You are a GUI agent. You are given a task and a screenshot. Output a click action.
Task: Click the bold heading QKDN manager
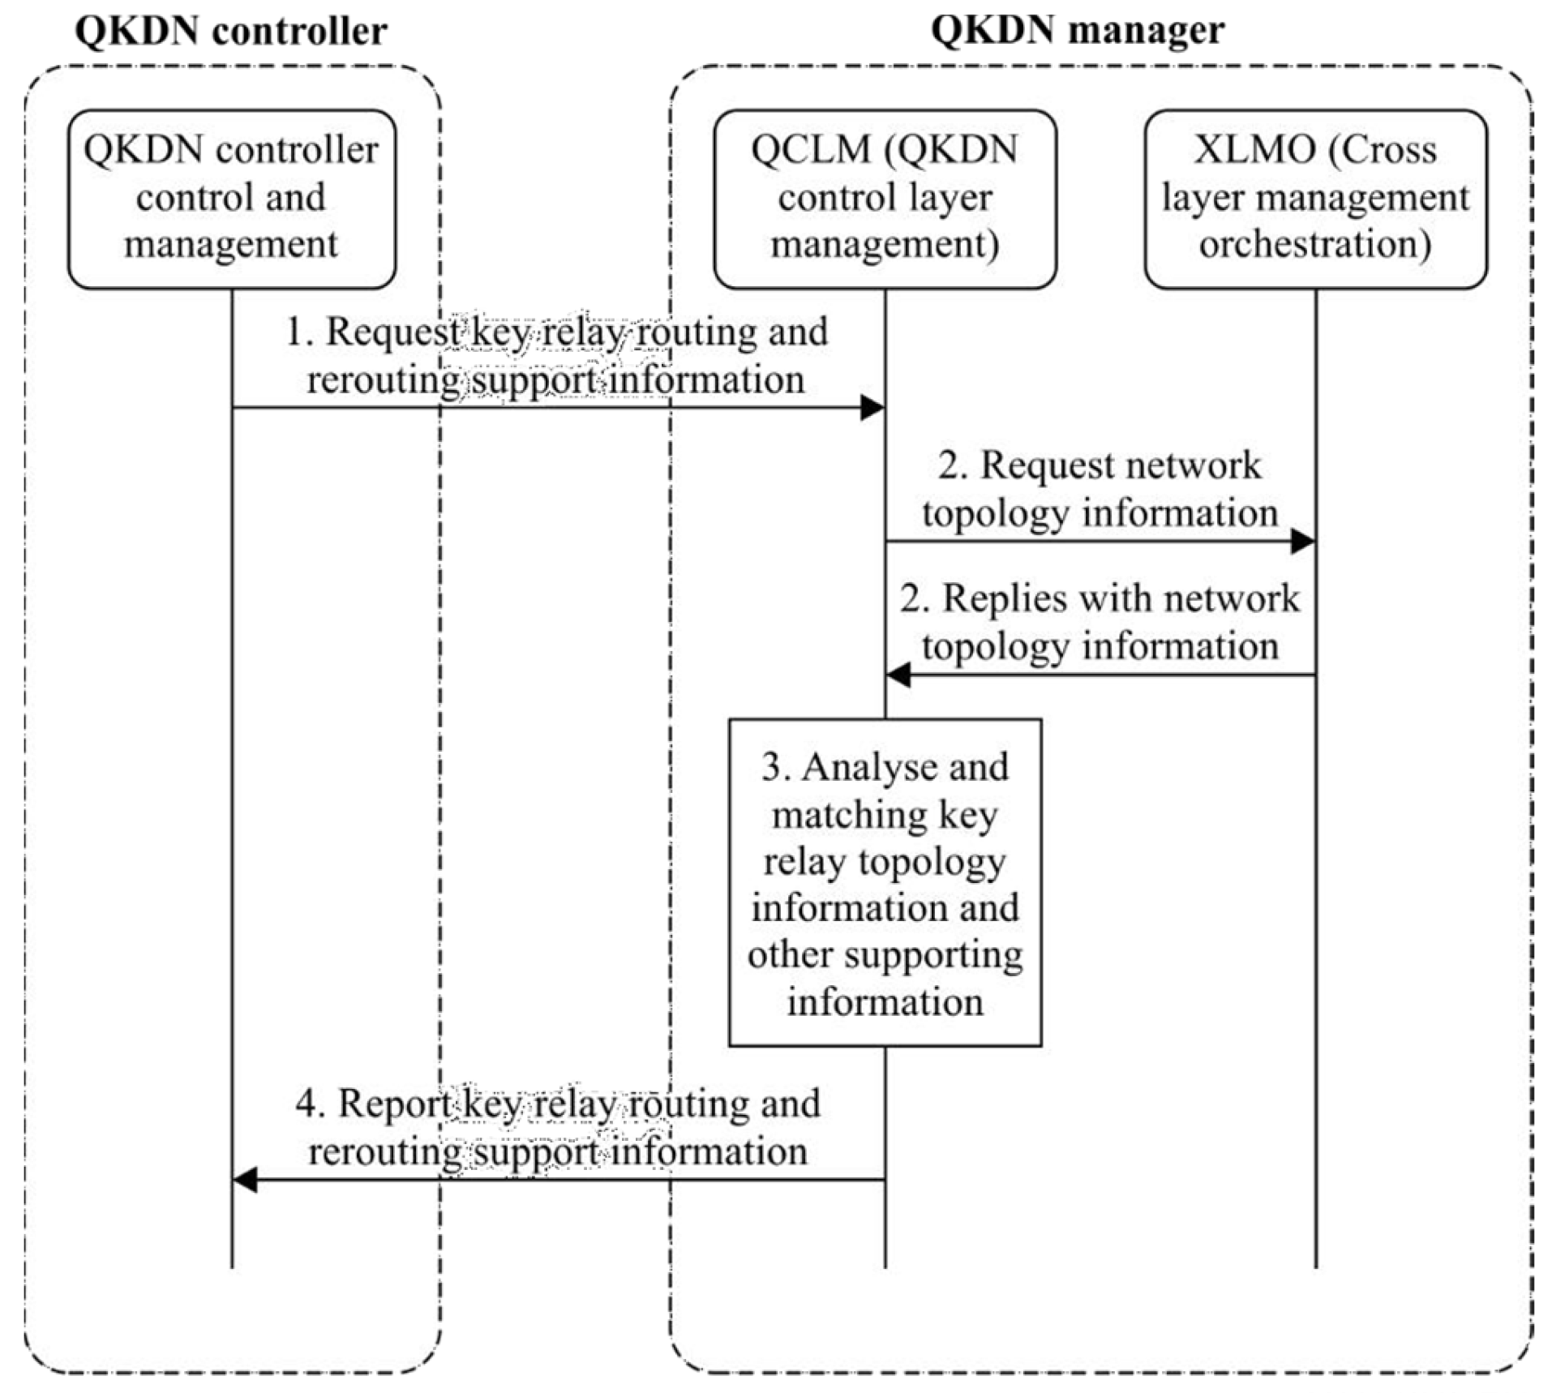click(1077, 31)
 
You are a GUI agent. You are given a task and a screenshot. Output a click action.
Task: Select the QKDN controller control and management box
click(231, 199)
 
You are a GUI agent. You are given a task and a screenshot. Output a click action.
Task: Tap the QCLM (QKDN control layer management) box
click(884, 199)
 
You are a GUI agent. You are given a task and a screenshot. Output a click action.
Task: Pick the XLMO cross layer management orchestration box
click(1314, 199)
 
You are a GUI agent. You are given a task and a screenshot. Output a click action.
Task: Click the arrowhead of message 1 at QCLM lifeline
click(872, 408)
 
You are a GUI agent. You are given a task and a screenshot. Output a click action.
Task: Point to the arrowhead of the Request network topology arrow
click(1302, 541)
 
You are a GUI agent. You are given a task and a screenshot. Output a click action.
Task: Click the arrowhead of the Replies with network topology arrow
click(898, 675)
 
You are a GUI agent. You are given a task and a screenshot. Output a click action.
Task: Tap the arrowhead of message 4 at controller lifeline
click(245, 1181)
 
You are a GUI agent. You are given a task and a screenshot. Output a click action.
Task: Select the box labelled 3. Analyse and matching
click(884, 883)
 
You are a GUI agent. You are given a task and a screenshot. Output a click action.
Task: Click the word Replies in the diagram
click(993, 599)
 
